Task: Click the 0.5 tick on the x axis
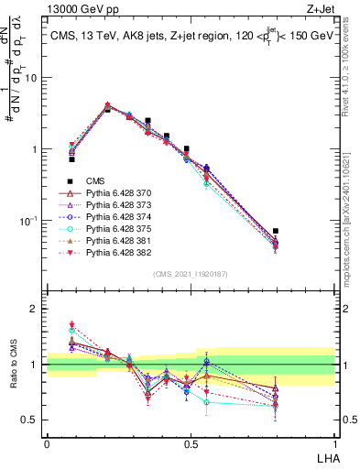pos(191,443)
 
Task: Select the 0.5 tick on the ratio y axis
pos(31,420)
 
